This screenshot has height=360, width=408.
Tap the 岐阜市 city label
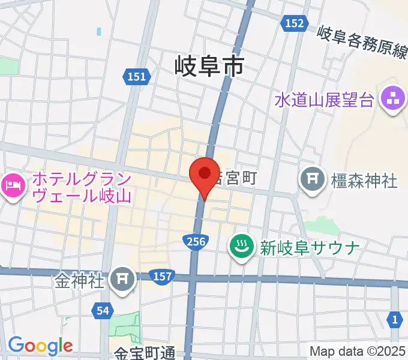[x=210, y=64]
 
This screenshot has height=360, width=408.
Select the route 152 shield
[x=294, y=23]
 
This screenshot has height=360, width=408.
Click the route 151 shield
[x=137, y=76]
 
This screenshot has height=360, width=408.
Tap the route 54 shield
[x=104, y=310]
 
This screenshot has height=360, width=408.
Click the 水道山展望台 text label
[x=325, y=99]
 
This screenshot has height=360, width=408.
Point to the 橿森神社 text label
[x=364, y=179]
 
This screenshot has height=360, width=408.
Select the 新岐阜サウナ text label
[x=310, y=247]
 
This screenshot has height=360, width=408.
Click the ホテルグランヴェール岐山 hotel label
[x=82, y=187]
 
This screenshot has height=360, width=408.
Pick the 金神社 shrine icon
[x=124, y=278]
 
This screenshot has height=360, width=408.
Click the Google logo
[x=40, y=346]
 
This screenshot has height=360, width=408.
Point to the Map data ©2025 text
[x=358, y=351]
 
